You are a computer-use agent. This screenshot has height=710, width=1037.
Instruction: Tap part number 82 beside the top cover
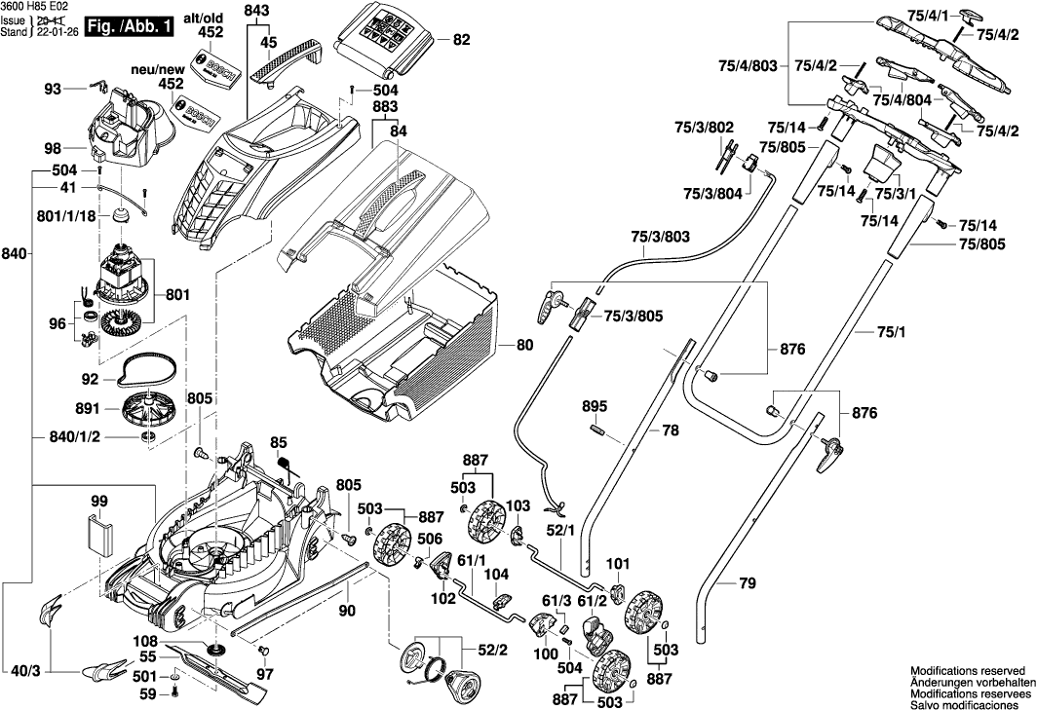pyautogui.click(x=461, y=41)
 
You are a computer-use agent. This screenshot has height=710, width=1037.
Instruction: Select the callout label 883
pyautogui.click(x=386, y=106)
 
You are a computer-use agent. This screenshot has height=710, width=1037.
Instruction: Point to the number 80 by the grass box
pyautogui.click(x=524, y=345)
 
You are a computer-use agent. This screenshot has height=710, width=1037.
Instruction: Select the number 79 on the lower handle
pyautogui.click(x=746, y=584)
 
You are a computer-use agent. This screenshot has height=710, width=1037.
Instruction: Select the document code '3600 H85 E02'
pyautogui.click(x=35, y=6)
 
